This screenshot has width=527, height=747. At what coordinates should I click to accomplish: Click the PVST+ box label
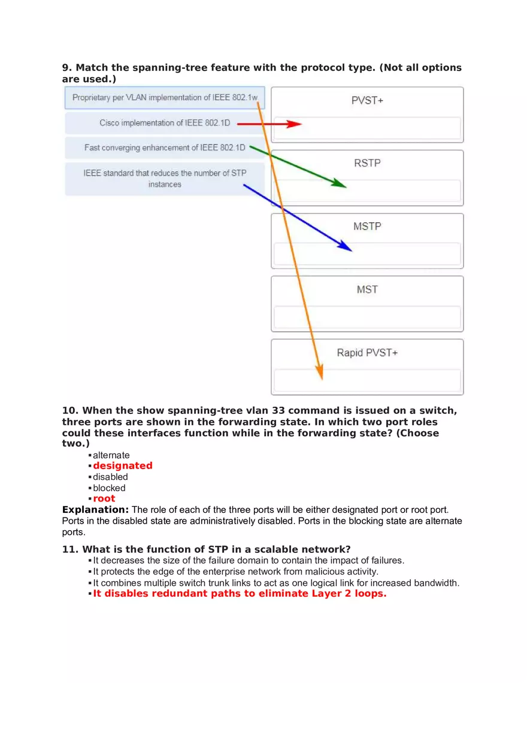click(x=367, y=101)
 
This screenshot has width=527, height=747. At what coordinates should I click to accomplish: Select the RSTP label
click(x=367, y=163)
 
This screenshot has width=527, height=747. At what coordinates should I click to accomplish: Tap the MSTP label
click(x=367, y=226)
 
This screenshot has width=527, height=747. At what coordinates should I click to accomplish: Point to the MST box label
click(x=367, y=289)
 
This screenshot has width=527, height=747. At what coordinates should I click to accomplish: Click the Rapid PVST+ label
click(x=367, y=353)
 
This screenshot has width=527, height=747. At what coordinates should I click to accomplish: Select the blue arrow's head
click(x=349, y=248)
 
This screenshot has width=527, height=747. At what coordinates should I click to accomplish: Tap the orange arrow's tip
click(x=322, y=377)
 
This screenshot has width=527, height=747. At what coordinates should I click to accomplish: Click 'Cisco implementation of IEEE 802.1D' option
click(x=165, y=123)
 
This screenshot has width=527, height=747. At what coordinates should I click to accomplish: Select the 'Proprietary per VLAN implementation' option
click(x=165, y=98)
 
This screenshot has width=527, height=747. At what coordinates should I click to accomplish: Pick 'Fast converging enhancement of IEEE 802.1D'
click(x=165, y=147)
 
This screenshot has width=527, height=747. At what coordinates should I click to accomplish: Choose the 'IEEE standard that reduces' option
click(x=165, y=179)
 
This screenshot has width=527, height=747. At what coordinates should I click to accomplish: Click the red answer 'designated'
click(x=123, y=465)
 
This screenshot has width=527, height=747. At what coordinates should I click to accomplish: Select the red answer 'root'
click(x=104, y=498)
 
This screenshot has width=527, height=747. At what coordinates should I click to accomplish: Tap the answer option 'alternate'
click(x=111, y=455)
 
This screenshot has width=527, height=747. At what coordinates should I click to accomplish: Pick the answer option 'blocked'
click(x=109, y=488)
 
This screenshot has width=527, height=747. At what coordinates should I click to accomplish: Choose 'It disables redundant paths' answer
click(x=240, y=594)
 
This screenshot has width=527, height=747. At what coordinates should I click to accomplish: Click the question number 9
click(x=66, y=68)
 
